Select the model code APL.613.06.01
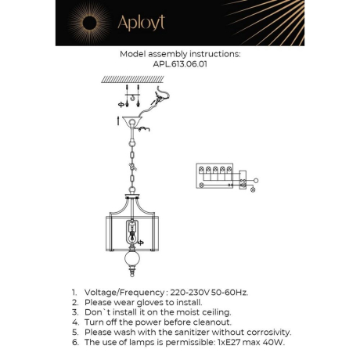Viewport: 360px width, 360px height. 179,65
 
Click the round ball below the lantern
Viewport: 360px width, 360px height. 133,261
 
